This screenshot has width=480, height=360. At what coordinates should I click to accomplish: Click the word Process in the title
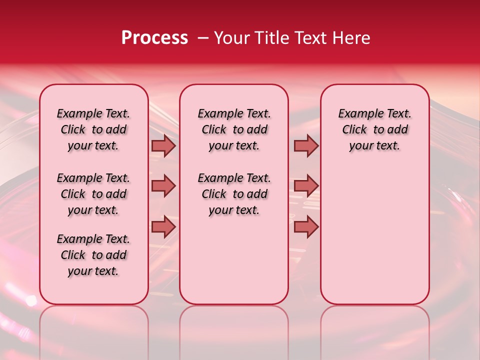pyautogui.click(x=154, y=38)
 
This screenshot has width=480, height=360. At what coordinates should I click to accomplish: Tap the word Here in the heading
pyautogui.click(x=352, y=38)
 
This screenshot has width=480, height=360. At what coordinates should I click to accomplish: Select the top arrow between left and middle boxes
pyautogui.click(x=163, y=146)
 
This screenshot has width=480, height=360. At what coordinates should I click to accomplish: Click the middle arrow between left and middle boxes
pyautogui.click(x=163, y=186)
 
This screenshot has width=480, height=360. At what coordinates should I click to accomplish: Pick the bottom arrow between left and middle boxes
pyautogui.click(x=163, y=227)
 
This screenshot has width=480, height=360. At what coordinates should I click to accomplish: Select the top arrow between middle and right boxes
pyautogui.click(x=306, y=146)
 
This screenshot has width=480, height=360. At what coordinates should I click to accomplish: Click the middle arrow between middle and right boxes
pyautogui.click(x=306, y=186)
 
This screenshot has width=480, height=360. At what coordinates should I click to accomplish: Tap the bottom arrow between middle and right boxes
pyautogui.click(x=306, y=227)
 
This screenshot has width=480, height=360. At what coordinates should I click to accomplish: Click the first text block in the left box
pyautogui.click(x=93, y=129)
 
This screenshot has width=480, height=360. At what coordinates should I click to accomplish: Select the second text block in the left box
pyautogui.click(x=93, y=194)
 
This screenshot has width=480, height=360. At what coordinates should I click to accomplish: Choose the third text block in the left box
pyautogui.click(x=93, y=255)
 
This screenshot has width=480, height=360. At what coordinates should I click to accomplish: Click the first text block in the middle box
pyautogui.click(x=234, y=129)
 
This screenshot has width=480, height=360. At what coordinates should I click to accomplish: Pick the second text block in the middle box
pyautogui.click(x=234, y=194)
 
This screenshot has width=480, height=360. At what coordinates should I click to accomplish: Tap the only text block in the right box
pyautogui.click(x=375, y=129)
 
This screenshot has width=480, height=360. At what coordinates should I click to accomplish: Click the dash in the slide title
pyautogui.click(x=203, y=38)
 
